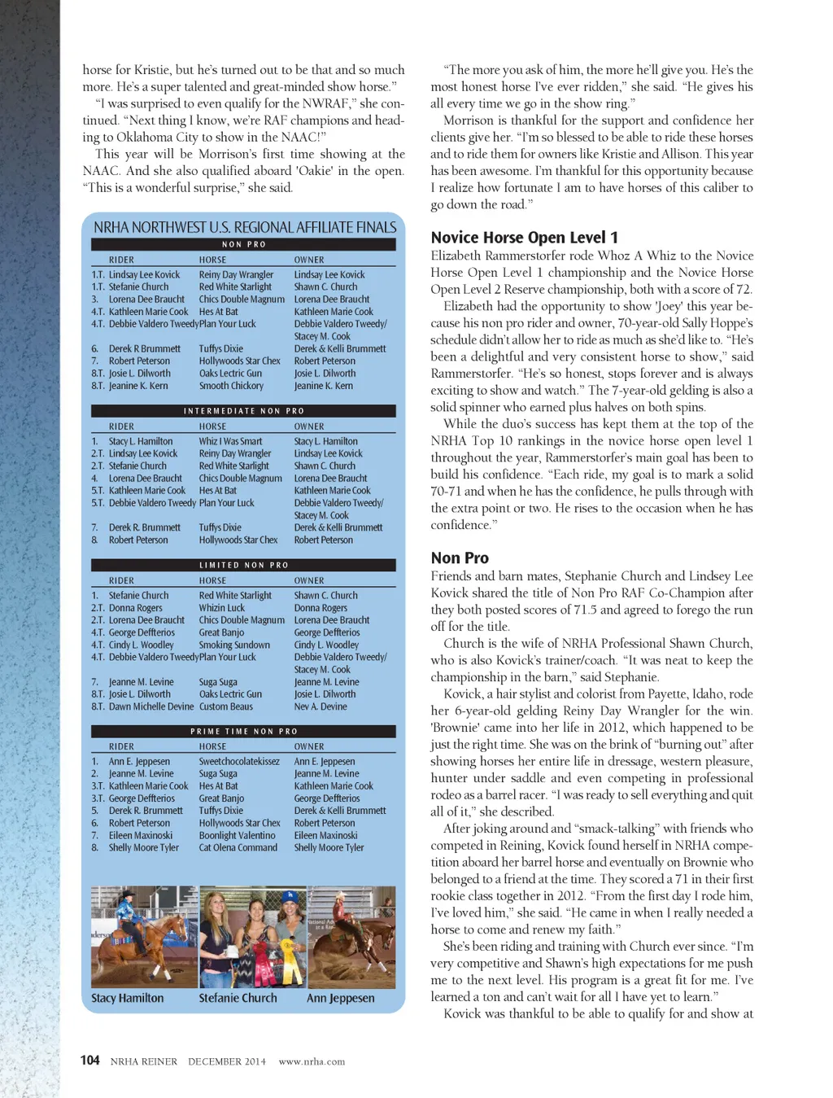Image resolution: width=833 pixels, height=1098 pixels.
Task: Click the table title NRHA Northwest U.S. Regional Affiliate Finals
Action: (x=245, y=227)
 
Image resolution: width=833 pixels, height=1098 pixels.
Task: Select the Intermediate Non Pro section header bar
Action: (x=243, y=411)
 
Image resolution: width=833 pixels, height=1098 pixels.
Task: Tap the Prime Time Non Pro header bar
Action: (x=243, y=731)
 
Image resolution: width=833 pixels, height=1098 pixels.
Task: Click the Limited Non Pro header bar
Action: (x=243, y=565)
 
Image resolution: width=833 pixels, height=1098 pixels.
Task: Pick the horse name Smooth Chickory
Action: (x=231, y=386)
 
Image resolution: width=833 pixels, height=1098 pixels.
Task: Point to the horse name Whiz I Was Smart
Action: (x=230, y=441)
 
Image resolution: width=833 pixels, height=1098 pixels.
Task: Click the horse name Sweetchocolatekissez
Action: (x=239, y=762)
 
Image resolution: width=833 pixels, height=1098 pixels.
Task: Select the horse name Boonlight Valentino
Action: (x=237, y=835)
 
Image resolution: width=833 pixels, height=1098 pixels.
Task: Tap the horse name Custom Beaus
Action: (x=226, y=706)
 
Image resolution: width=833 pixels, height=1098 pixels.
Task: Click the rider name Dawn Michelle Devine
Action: (x=151, y=706)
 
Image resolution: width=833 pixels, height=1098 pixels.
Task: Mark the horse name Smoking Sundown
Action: (x=234, y=645)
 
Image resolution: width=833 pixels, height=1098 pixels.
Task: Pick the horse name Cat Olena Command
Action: (x=238, y=847)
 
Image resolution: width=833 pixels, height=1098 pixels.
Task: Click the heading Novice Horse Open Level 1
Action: (x=524, y=238)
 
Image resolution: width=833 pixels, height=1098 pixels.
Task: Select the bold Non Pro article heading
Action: (x=460, y=558)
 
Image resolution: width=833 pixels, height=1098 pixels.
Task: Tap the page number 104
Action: (x=89, y=1060)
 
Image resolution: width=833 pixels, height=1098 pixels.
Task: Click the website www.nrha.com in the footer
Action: (x=312, y=1061)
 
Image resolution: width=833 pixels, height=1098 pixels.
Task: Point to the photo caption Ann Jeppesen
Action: (x=341, y=998)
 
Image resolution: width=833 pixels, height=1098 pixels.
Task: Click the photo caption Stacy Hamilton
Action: (x=128, y=998)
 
